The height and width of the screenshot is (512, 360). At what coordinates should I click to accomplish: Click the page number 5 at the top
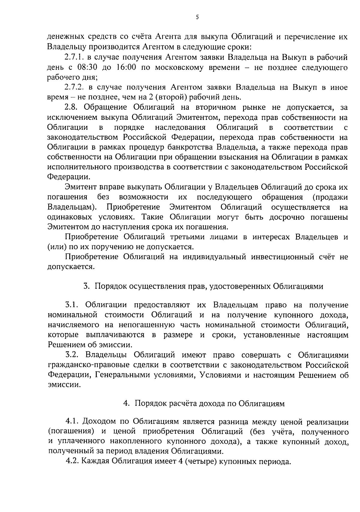[197, 17]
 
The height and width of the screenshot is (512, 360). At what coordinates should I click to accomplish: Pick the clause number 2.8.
[71, 107]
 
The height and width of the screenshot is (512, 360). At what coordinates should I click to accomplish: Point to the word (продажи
[330, 197]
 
